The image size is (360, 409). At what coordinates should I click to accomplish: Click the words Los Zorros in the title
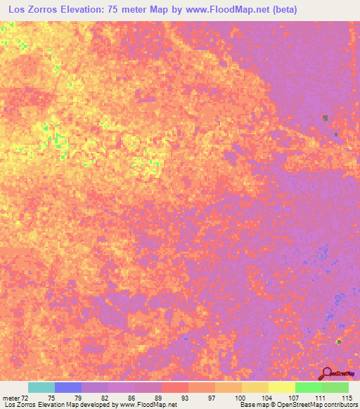point(32,10)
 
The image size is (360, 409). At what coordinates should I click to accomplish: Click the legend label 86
point(122,398)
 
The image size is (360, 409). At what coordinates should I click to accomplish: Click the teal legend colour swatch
point(41,387)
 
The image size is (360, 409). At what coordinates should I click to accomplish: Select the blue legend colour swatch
point(68,387)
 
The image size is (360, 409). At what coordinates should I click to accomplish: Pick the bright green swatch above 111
point(309,387)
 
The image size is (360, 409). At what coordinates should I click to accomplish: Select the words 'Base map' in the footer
point(252,405)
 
